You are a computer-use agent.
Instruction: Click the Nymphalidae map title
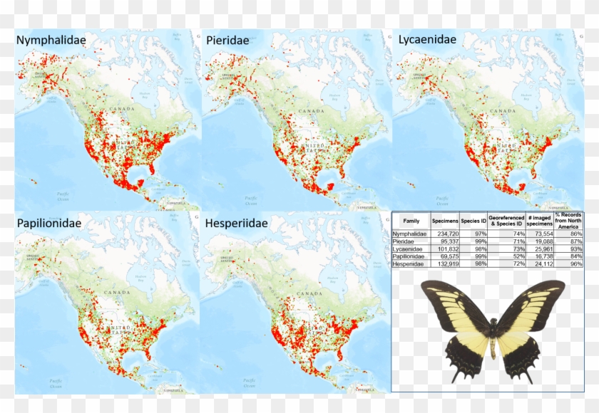click(51, 40)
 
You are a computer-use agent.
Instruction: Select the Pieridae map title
click(227, 40)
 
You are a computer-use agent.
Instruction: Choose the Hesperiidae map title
click(237, 224)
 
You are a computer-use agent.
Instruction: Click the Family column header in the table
click(411, 221)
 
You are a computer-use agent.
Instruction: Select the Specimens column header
click(444, 221)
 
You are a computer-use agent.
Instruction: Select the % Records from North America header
click(575, 221)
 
